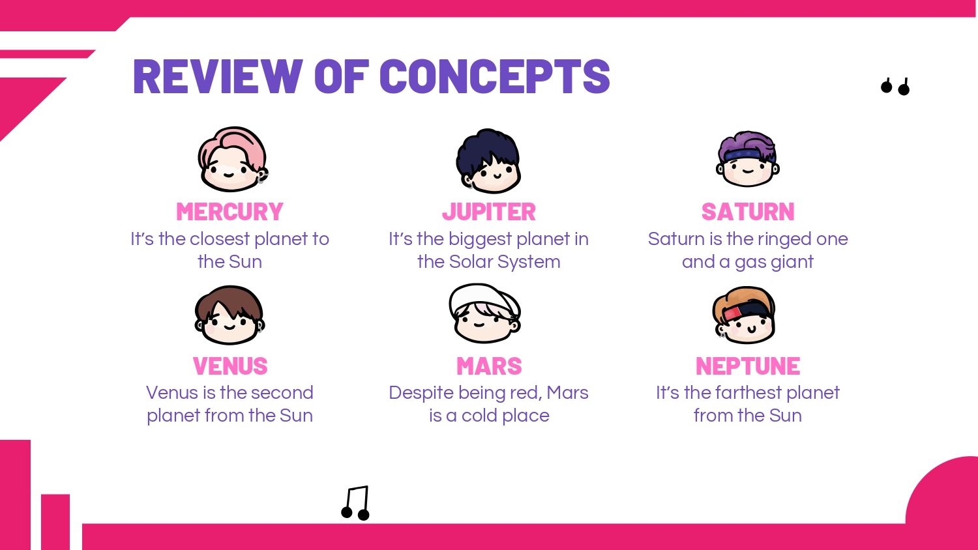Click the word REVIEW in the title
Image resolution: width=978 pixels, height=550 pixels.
click(x=218, y=76)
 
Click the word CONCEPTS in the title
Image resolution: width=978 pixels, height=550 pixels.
click(x=495, y=76)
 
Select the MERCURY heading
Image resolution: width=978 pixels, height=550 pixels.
click(x=230, y=212)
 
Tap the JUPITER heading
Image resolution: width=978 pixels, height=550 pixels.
click(x=488, y=212)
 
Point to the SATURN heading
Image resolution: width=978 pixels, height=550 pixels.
click(x=748, y=212)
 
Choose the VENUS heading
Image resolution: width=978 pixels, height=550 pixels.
click(x=230, y=366)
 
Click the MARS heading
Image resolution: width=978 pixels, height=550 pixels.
click(x=489, y=366)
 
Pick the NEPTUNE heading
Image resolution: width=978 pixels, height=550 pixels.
click(x=748, y=366)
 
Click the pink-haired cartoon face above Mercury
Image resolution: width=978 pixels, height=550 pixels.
click(x=233, y=159)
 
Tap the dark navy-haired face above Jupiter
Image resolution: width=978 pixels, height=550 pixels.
click(x=488, y=161)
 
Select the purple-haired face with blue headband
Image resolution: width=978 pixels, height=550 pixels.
click(x=747, y=158)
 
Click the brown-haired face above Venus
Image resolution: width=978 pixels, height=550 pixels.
click(x=230, y=315)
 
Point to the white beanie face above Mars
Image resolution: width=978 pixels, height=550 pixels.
click(x=484, y=313)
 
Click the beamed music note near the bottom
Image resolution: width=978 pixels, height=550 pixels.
click(x=355, y=503)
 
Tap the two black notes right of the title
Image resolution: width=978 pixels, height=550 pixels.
click(x=895, y=87)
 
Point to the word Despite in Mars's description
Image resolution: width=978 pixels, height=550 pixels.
click(x=420, y=394)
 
